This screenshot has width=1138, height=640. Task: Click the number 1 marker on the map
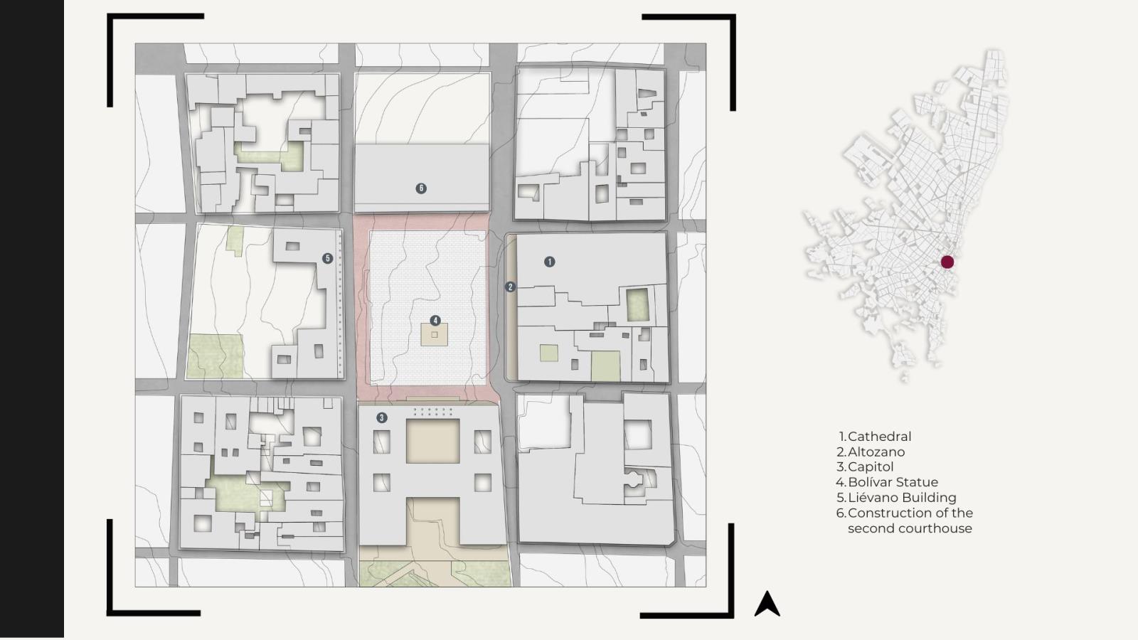549,262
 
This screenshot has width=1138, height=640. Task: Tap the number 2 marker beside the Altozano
510,287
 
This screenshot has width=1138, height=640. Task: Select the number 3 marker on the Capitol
381,417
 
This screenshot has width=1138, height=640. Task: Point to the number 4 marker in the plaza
435,321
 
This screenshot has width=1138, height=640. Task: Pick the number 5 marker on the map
328,259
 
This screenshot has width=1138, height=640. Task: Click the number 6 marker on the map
421,188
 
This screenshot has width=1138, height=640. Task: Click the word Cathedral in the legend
879,437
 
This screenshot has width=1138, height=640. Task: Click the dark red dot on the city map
947,262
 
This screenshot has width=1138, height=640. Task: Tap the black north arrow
767,604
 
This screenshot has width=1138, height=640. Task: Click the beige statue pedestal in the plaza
435,335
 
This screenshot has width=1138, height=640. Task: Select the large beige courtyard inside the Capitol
433,441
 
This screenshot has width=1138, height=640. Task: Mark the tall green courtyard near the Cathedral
637,305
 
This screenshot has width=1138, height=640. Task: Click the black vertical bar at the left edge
32,319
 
